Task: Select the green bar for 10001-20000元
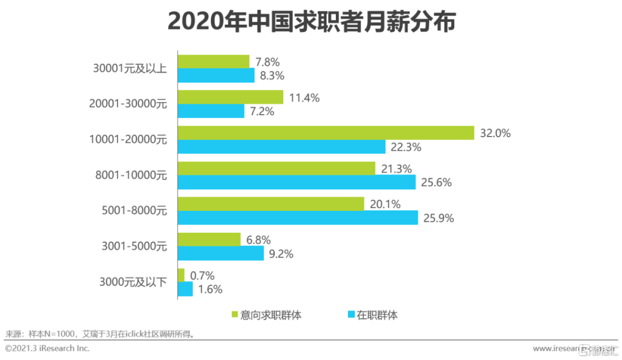coord(325,133)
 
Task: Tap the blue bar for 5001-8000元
coord(297,218)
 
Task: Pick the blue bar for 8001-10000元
coord(296,182)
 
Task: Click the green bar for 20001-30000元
coord(230,97)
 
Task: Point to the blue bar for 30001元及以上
coord(216,75)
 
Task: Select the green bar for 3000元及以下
coord(181,275)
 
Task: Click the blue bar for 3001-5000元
coord(221,253)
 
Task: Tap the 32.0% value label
coord(495,133)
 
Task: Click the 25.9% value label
coord(439,218)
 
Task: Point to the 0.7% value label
coord(202,275)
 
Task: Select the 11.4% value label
coord(304,97)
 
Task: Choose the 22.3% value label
coord(406,147)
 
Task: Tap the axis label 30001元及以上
coord(130,69)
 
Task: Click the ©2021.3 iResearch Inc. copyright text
coord(47,348)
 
